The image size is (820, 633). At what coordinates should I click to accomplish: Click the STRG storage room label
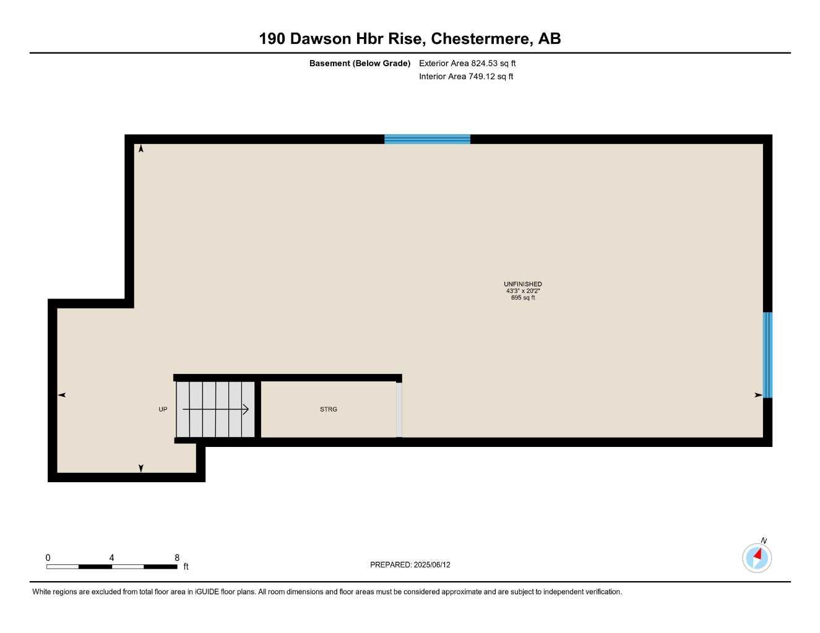329,409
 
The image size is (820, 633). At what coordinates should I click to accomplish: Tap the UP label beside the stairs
163,409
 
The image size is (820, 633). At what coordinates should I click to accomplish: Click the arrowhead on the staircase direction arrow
246,409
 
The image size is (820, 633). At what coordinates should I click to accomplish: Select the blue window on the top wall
427,139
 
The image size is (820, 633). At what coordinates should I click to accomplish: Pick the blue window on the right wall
767,355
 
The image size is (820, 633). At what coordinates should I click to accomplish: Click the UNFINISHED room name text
523,284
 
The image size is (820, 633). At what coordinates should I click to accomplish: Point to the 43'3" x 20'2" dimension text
523,291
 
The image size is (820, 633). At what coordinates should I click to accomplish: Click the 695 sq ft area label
523,298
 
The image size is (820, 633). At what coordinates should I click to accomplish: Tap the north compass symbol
757,558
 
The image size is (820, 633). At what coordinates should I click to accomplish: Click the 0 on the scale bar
48,558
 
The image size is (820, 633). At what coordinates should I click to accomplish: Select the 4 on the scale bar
111,558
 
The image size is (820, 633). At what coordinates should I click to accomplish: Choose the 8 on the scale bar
177,558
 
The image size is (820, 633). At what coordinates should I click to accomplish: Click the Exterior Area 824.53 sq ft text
467,63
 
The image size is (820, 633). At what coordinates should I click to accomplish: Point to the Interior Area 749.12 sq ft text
466,77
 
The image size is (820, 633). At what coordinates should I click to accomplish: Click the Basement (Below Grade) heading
360,63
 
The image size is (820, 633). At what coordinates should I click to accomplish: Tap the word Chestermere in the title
481,39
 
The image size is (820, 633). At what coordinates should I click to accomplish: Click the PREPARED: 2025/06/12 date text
410,565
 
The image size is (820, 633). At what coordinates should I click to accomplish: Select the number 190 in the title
272,39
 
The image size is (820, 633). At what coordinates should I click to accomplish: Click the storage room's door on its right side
399,410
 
